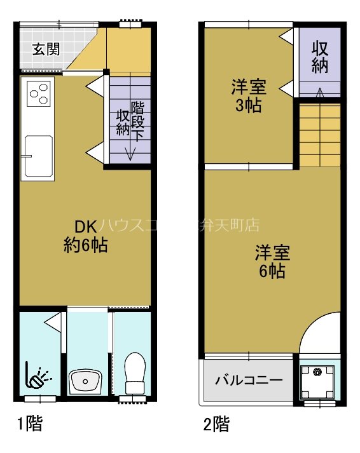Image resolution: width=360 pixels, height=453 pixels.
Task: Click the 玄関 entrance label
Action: [47, 48]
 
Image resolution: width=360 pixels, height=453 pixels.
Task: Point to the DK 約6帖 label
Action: [85, 235]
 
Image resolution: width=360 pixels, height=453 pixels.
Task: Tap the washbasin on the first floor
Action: [85, 381]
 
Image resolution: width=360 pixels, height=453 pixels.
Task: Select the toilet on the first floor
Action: [135, 375]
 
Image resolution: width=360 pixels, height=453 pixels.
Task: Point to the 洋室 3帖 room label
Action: [248, 95]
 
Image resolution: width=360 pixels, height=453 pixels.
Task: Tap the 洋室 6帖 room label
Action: [272, 262]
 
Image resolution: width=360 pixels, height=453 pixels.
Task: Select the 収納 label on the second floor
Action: [319, 57]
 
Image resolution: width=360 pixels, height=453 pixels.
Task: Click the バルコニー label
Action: [249, 381]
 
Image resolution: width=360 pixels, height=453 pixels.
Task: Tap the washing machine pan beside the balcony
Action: [317, 381]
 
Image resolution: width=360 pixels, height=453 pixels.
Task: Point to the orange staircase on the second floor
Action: [319, 135]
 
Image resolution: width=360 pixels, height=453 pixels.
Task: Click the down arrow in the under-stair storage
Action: [130, 152]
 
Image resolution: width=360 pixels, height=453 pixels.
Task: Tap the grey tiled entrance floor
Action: [45, 57]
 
